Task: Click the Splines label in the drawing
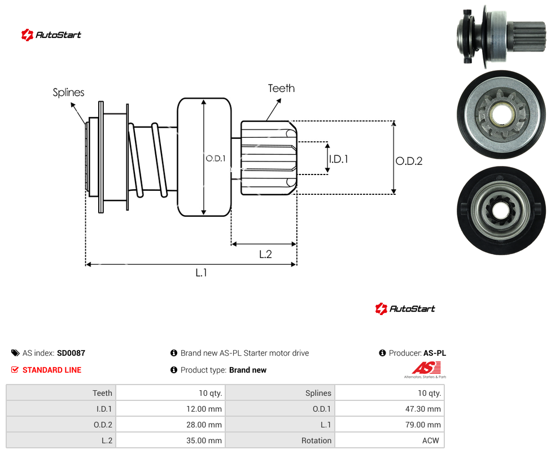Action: tap(68, 93)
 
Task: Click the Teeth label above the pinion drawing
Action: tap(281, 88)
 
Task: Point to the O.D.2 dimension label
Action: tap(409, 161)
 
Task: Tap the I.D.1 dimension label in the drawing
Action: tap(338, 159)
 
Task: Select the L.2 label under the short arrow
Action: tap(265, 254)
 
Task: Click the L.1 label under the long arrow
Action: tap(202, 272)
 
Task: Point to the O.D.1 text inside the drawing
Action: tap(216, 159)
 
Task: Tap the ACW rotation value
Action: tap(430, 440)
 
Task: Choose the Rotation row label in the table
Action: tap(316, 440)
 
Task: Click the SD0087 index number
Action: tap(71, 353)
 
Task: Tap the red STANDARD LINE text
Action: tap(52, 370)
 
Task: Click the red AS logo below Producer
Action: tap(426, 368)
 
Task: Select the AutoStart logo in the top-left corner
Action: tap(51, 35)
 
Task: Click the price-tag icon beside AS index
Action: tap(15, 353)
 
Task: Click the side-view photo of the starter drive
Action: tap(501, 35)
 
